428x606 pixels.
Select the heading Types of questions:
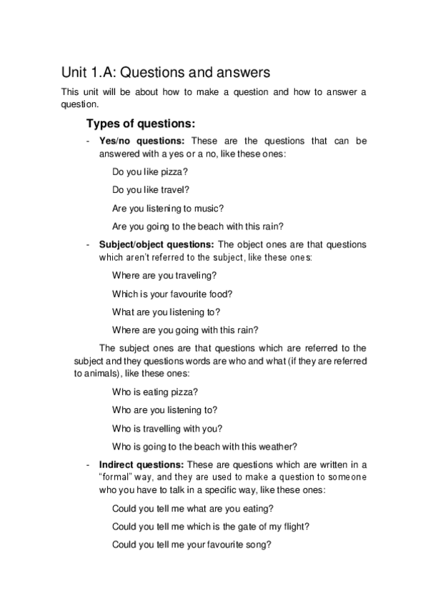click(140, 123)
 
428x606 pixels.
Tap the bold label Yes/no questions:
click(142, 141)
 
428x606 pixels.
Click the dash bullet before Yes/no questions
click(87, 141)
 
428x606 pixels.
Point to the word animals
click(104, 374)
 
